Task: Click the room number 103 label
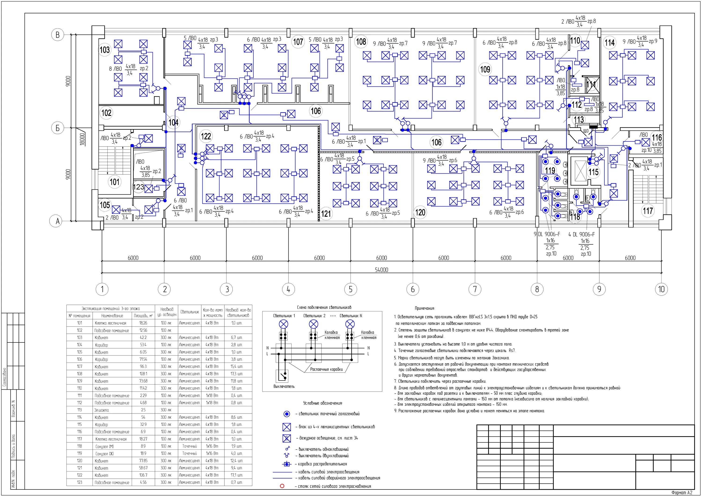click(x=105, y=50)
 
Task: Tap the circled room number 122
click(x=206, y=136)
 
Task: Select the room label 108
click(x=361, y=42)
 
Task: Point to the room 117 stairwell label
click(x=647, y=211)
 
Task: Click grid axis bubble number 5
click(x=350, y=289)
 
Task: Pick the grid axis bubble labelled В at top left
click(x=58, y=35)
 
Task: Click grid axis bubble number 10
click(x=661, y=289)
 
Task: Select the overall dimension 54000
click(x=381, y=270)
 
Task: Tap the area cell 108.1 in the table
click(x=143, y=374)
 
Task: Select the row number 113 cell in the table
click(x=80, y=410)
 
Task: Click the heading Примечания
click(x=424, y=309)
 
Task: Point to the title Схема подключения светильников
click(x=322, y=307)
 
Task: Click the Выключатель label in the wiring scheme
click(x=284, y=386)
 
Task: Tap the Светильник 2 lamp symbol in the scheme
click(x=313, y=324)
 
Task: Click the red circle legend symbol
click(x=282, y=486)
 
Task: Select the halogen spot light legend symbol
click(x=286, y=414)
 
